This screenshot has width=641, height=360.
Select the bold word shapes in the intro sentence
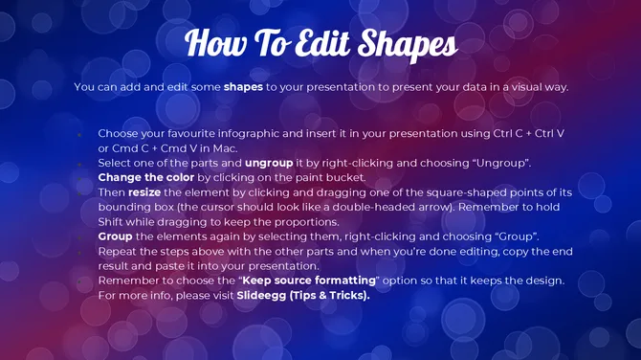(243, 87)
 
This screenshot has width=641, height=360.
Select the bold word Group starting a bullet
(116, 236)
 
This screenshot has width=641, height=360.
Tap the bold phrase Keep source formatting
(308, 281)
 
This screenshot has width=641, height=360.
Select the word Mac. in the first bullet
(225, 147)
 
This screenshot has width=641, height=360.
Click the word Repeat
(118, 251)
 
